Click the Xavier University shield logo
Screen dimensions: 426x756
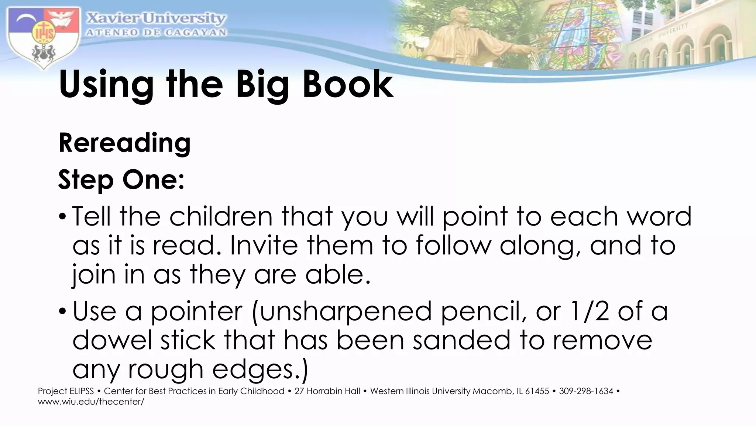point(44,37)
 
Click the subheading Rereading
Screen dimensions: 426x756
point(125,143)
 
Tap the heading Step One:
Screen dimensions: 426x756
point(121,180)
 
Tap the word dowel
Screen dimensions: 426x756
point(112,340)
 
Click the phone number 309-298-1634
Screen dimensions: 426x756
point(586,391)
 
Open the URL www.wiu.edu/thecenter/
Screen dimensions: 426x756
point(91,401)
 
